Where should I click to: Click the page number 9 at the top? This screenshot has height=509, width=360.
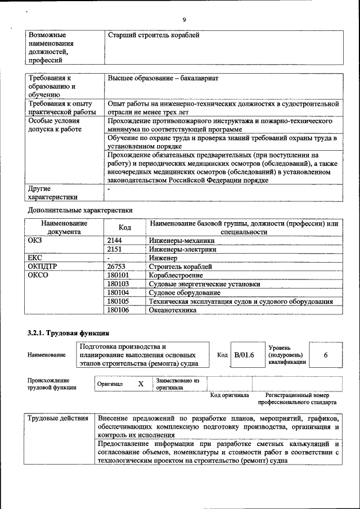click(184, 20)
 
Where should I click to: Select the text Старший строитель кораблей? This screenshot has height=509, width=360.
click(154, 35)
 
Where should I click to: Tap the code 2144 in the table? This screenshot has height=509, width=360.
click(115, 240)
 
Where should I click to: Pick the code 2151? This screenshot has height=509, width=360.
click(115, 249)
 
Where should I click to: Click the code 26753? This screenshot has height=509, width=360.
click(116, 267)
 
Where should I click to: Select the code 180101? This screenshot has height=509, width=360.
click(118, 275)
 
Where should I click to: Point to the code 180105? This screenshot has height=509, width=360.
click(118, 301)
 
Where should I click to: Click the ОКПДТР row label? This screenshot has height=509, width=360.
click(43, 267)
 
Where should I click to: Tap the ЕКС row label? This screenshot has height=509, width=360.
click(35, 258)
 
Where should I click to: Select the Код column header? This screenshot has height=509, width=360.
click(125, 227)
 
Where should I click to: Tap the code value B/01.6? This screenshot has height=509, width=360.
click(244, 355)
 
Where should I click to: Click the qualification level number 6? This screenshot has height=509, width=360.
click(326, 355)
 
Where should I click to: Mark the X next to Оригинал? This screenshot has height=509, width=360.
click(141, 384)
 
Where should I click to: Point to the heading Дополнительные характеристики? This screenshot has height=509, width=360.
click(80, 210)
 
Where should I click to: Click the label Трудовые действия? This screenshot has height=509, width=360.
click(58, 419)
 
